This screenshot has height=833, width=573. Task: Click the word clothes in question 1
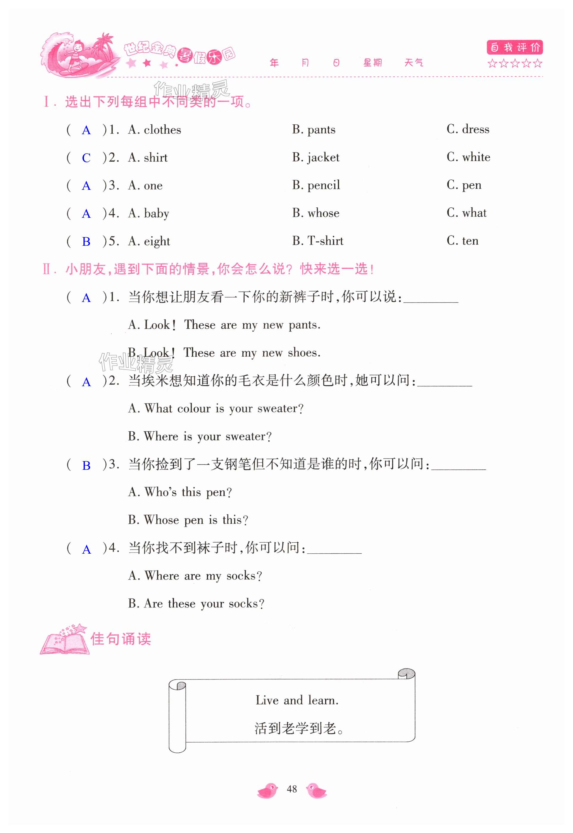coord(162,130)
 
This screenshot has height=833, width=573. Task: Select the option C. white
coord(468,157)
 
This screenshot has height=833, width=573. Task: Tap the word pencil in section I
coord(324,185)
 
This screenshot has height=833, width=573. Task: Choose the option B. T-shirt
coord(317,241)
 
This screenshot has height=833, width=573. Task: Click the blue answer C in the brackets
coord(86,158)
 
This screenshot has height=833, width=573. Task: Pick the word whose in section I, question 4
coord(323,213)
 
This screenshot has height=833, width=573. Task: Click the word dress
coord(475,129)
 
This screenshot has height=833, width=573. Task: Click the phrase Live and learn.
coord(297,700)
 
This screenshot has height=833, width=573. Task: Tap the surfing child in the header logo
coord(77,54)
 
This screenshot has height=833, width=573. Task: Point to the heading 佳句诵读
coord(121,639)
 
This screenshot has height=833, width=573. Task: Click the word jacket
coord(323,157)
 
